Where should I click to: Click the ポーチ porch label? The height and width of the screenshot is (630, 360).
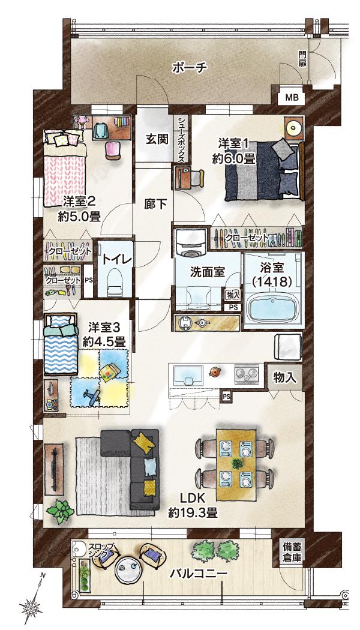190,67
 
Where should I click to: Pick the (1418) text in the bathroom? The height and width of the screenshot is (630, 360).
272,282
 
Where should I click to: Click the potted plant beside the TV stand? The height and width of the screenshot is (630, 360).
60,512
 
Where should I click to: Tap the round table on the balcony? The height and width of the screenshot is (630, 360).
128,571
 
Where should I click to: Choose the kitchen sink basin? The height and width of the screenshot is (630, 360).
188,374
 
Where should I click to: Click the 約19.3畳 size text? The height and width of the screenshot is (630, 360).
193,512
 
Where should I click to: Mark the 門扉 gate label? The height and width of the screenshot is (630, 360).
302,59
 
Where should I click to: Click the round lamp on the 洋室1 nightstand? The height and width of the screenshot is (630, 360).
293,128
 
